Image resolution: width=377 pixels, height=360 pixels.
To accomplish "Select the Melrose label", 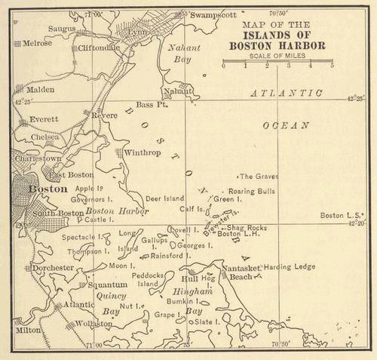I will (36, 43).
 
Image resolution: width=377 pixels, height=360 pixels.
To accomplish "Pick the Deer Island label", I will (164, 198).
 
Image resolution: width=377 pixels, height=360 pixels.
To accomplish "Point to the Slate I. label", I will (207, 322).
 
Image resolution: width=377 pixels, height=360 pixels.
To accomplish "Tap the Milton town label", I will (28, 330).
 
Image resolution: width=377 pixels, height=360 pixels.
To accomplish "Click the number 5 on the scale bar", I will (331, 66).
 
